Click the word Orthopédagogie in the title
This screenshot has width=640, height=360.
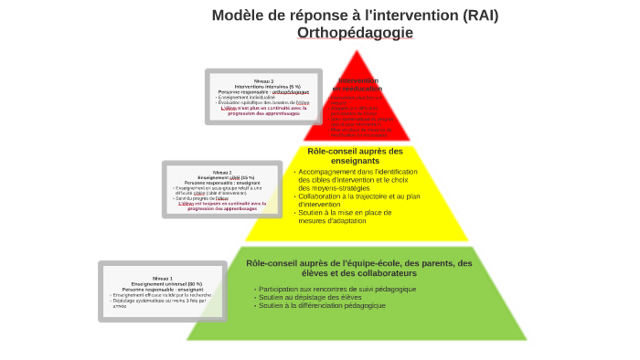point(355,33)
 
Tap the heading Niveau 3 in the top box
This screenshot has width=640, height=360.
point(264,81)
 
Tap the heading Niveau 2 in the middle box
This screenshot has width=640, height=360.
point(222,172)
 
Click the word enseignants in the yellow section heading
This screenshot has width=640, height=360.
point(356,161)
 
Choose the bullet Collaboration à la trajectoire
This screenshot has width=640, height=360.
point(360,196)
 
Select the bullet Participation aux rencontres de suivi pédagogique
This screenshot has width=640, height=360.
point(337,289)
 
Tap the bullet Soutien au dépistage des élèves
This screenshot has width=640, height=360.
point(310,297)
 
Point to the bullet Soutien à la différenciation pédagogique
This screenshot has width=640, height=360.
point(322,305)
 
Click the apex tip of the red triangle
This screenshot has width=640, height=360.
point(357,51)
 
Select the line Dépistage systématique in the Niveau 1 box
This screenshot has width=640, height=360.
point(160,301)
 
